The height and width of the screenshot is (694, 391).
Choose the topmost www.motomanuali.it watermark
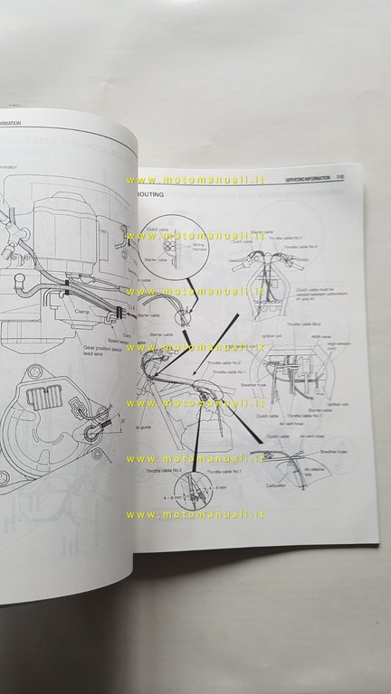pos(198,179)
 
